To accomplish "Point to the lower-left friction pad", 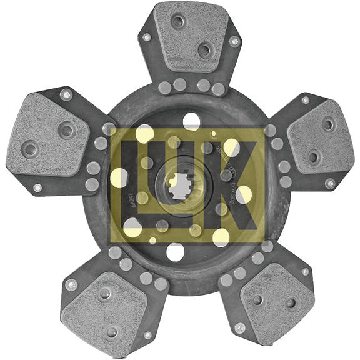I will coord(104,303).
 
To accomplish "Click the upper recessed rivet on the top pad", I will coord(178,22).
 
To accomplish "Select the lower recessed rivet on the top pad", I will coord(204,49).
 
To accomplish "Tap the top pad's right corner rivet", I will coord(234,42).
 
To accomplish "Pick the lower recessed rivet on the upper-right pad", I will coord(313,156).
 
